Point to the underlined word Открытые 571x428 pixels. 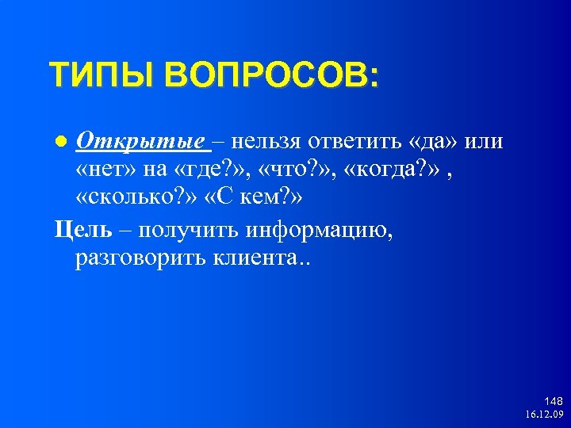[x=140, y=141]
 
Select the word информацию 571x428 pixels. [x=318, y=230]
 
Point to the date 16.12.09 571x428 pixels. [x=543, y=415]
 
